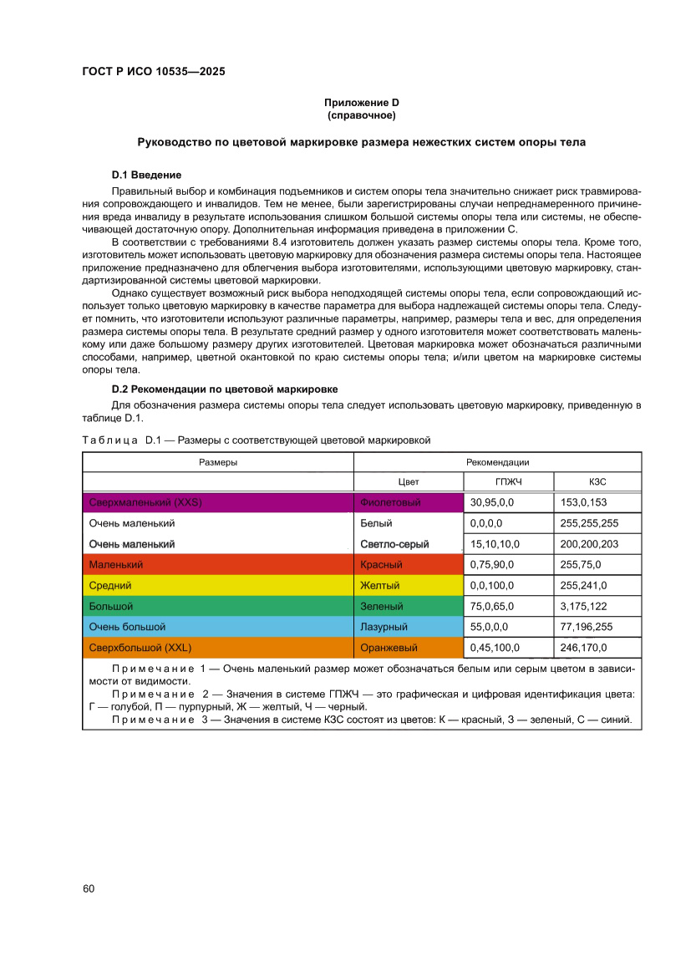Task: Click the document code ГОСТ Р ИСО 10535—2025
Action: click(x=153, y=72)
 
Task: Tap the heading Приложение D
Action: click(x=361, y=102)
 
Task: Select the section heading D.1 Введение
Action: click(x=146, y=175)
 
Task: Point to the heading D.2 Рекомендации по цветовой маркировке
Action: click(x=224, y=389)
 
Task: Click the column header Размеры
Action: click(x=217, y=462)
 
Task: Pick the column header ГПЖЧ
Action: click(x=509, y=482)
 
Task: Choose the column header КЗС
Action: click(x=597, y=482)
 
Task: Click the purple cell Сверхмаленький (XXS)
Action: click(x=217, y=502)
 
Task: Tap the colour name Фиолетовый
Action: click(x=390, y=503)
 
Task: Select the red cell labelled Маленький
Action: click(x=217, y=565)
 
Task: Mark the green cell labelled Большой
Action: click(x=217, y=606)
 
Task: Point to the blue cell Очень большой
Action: click(x=217, y=627)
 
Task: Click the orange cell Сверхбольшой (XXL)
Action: click(x=217, y=648)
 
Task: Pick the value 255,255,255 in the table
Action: click(x=589, y=524)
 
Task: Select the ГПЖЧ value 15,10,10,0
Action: click(x=495, y=544)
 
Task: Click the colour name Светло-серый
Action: click(x=394, y=544)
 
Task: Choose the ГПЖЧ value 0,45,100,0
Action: click(x=495, y=648)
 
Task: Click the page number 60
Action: click(x=89, y=888)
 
